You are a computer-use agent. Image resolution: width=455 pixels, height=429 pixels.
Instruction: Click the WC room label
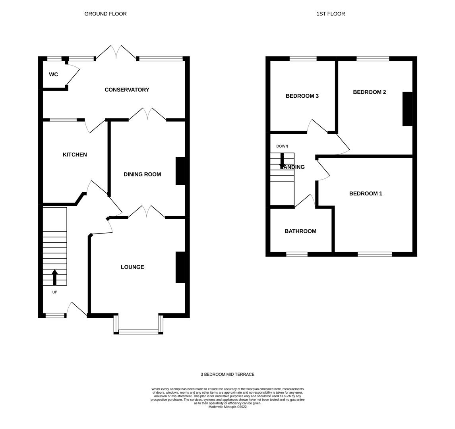click(53, 75)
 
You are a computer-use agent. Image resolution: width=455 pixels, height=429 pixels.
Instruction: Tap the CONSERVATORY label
click(127, 90)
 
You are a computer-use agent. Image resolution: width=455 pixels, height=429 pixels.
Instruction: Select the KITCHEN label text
click(75, 155)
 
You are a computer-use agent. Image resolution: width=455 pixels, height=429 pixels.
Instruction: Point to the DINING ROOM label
click(142, 174)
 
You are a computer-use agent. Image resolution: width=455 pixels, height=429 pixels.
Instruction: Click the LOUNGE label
click(132, 267)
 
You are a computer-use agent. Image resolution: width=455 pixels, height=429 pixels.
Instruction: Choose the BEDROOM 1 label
click(366, 194)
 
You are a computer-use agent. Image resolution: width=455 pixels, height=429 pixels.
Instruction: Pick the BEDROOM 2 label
click(369, 92)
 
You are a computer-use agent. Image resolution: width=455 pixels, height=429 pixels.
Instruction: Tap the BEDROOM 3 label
click(302, 96)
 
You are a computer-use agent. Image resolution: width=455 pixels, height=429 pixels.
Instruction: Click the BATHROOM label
click(300, 231)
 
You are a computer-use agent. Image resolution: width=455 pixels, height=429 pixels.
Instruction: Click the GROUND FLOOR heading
click(105, 14)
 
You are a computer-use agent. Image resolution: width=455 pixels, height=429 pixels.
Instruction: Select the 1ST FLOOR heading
click(331, 14)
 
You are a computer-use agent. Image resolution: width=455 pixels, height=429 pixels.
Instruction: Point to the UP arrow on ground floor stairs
click(54, 277)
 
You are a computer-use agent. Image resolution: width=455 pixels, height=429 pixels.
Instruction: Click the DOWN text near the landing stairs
click(282, 146)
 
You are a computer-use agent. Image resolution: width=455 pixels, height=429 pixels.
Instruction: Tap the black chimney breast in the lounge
click(180, 267)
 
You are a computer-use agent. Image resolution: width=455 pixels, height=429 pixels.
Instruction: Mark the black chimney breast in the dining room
click(180, 171)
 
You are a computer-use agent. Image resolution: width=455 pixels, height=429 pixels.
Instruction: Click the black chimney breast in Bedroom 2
click(407, 109)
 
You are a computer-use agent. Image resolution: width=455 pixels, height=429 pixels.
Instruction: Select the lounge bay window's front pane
click(138, 332)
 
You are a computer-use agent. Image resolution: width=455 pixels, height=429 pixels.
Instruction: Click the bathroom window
click(297, 254)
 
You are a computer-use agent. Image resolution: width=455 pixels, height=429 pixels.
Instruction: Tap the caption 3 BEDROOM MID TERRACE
click(227, 375)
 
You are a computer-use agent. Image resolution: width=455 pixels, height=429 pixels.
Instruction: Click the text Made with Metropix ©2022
click(227, 407)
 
